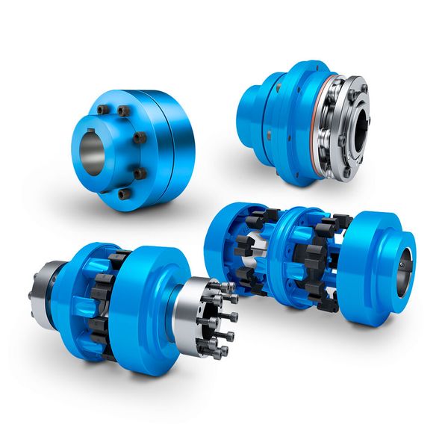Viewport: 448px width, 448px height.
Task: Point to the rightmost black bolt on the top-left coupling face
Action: [x=140, y=137]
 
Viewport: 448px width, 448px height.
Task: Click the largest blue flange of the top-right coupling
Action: [x=299, y=123]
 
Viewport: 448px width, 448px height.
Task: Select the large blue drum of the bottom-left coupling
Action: [x=146, y=310]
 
